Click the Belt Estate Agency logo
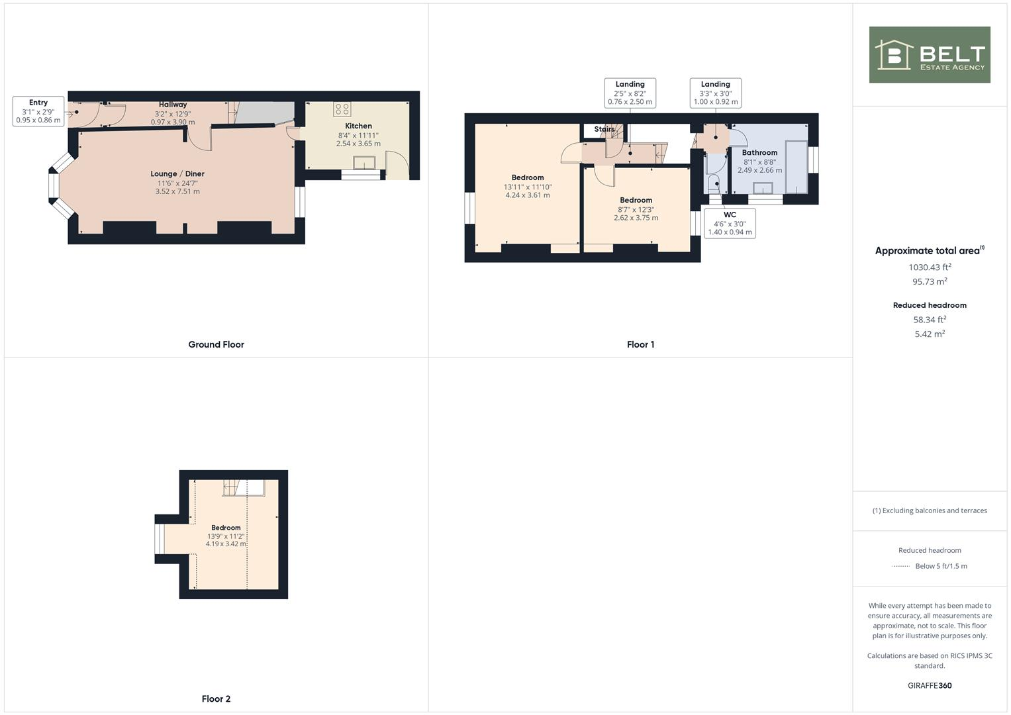point(929,55)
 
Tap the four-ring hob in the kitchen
point(342,109)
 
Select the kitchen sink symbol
point(363,163)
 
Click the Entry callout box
point(38,111)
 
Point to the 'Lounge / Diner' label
point(177,174)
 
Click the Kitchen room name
point(358,126)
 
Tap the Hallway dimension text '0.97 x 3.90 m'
point(173,122)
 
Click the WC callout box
point(730,224)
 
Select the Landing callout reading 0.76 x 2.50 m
point(630,93)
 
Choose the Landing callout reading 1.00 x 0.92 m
point(715,93)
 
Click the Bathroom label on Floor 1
point(759,153)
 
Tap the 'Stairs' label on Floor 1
point(604,129)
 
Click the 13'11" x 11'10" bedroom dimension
point(527,187)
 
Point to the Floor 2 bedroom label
point(226,528)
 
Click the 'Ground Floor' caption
point(216,344)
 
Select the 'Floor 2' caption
point(216,698)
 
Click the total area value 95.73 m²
point(929,281)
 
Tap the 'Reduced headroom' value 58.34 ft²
point(929,320)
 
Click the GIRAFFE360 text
point(929,685)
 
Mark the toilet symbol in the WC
point(714,183)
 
